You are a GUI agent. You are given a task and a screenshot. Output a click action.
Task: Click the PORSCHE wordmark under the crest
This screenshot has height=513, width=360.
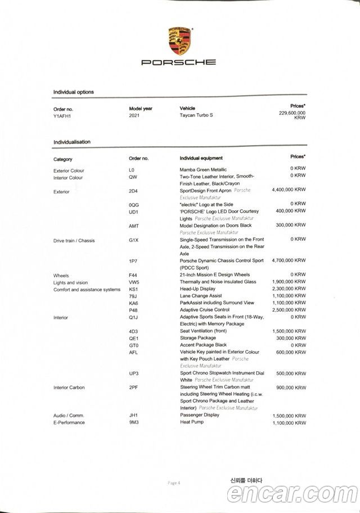178,63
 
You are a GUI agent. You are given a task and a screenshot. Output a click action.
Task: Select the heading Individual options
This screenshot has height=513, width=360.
73,92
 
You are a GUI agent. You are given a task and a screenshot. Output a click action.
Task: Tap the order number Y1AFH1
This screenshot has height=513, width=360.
62,115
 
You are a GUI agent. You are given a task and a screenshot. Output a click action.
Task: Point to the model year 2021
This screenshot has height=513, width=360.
135,115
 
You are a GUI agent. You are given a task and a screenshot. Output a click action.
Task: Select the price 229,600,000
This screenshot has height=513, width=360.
292,113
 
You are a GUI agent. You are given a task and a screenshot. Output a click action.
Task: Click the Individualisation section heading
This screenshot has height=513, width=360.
71,142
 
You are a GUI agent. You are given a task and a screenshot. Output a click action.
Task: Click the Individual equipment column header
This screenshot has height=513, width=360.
201,158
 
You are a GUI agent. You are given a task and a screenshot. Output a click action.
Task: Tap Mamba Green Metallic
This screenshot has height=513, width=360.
203,170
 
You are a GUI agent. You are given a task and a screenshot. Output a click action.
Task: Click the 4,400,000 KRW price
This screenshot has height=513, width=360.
289,190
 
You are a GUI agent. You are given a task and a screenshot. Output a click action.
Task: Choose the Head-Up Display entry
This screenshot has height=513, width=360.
197,289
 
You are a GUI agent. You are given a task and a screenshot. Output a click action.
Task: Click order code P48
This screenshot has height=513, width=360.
133,310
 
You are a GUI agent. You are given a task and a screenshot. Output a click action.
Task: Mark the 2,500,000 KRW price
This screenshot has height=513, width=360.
289,310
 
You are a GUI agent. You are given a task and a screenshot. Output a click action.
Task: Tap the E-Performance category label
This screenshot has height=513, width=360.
69,422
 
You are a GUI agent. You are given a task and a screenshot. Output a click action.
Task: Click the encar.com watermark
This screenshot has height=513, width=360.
292,494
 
